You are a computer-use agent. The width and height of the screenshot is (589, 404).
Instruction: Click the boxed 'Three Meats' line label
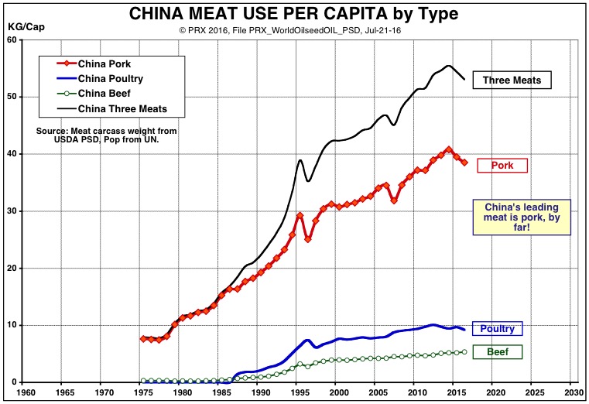tap(516, 80)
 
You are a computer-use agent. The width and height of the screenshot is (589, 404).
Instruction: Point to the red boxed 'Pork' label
tap(502, 165)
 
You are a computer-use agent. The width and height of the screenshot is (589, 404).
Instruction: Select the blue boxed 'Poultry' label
tap(497, 329)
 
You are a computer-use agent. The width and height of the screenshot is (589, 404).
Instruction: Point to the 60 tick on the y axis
tap(12, 39)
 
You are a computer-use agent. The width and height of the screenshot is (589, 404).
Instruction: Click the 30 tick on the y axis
tap(12, 211)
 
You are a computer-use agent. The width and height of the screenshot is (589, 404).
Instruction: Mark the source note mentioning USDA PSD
tap(106, 135)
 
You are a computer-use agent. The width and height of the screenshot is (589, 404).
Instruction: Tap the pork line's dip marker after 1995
tap(307, 239)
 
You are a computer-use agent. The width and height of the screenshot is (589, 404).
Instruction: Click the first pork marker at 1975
tap(143, 339)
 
